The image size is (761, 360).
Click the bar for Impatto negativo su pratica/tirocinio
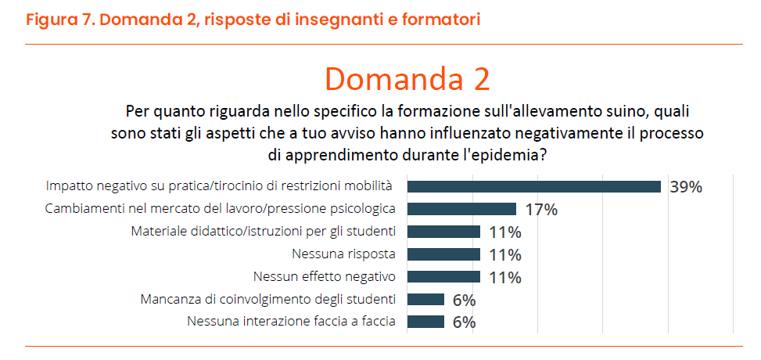pos(534,186)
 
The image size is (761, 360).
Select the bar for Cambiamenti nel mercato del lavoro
pos(461,209)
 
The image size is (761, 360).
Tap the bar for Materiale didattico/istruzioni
pos(443,232)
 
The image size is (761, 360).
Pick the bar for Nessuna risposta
pos(443,254)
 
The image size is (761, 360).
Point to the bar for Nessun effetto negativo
pos(443,277)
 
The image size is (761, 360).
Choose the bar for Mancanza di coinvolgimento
pos(425,299)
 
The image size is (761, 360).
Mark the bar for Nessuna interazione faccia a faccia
pos(425,322)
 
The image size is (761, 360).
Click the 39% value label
pos(686,187)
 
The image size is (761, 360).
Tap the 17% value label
pos(541,210)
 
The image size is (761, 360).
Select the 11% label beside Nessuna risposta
pos(505,254)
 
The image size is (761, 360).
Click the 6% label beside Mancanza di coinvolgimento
pos(464,300)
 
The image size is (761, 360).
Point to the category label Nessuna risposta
pos(343,254)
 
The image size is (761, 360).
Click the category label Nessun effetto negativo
pos(325,276)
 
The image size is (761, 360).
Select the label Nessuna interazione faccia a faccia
pos(291,321)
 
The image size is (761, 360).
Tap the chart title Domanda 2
pos(407,79)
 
